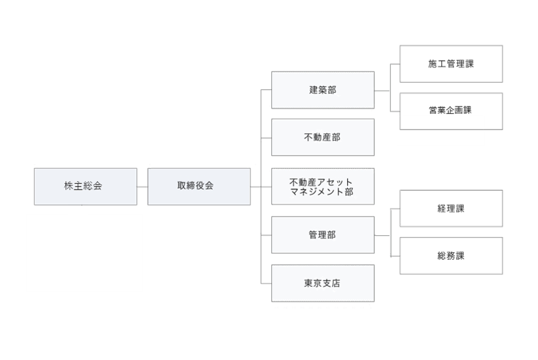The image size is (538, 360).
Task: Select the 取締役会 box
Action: click(199, 186)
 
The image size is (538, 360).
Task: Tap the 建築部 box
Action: click(323, 90)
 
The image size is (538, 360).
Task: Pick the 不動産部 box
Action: click(323, 137)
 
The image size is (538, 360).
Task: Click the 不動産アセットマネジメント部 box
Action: click(323, 186)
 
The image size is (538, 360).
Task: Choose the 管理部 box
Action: click(323, 235)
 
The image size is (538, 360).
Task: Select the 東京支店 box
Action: click(323, 283)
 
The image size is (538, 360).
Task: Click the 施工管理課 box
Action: click(452, 64)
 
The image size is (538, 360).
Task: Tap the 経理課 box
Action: click(452, 208)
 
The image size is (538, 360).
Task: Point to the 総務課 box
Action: click(452, 256)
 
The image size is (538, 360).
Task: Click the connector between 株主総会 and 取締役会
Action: click(142, 187)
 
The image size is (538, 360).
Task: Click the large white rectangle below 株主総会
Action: click(85, 253)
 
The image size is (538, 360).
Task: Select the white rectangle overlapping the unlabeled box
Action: click(441, 130)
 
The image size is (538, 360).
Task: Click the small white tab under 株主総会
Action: click(78, 209)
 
